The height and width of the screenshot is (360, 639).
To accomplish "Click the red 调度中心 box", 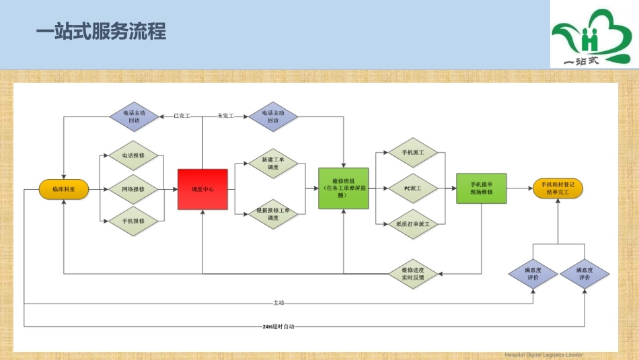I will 202,190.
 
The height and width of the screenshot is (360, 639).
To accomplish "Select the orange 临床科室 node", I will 64,190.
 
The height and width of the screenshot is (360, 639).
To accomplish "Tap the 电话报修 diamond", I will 133,155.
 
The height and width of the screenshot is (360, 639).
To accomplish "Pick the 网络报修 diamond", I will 133,190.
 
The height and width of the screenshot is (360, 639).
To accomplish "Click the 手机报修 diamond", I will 133,221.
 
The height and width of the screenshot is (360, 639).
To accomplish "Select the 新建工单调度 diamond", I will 272,164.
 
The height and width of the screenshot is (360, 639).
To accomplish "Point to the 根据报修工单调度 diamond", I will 272,215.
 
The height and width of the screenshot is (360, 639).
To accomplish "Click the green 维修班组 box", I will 343,189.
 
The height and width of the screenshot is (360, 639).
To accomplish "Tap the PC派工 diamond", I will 412,189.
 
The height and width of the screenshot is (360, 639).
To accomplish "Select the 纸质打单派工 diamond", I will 412,223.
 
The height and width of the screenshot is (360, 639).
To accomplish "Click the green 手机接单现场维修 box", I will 481,189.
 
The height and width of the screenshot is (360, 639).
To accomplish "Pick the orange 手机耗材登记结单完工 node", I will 557,189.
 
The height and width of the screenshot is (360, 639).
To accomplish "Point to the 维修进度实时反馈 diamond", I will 412,273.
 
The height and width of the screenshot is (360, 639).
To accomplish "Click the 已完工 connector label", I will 182,116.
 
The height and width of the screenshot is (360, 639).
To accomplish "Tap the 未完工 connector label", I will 225,116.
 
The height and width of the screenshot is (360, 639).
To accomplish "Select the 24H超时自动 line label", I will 278,326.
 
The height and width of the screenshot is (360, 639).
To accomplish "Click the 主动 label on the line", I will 278,303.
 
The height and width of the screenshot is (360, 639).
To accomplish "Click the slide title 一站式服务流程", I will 100,32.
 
